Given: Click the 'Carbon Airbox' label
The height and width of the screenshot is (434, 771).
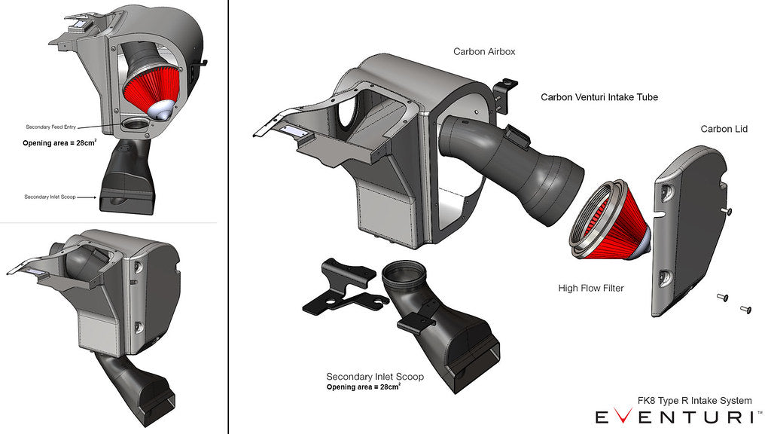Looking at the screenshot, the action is click(x=484, y=52).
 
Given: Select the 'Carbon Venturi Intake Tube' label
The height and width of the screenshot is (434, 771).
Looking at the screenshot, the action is click(x=599, y=97).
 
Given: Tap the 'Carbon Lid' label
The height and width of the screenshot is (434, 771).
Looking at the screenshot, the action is click(x=724, y=129).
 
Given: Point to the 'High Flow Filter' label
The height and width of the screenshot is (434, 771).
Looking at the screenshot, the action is click(x=591, y=289).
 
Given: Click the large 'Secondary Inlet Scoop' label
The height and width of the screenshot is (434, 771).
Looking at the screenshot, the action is click(x=375, y=377).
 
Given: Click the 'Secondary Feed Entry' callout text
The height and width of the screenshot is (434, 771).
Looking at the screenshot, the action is click(x=51, y=127).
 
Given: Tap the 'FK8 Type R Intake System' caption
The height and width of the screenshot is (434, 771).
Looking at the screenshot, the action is click(x=694, y=401).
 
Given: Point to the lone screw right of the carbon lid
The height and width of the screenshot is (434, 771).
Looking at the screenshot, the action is click(x=727, y=211).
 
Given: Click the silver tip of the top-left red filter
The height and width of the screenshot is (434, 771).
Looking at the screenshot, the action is click(x=163, y=110).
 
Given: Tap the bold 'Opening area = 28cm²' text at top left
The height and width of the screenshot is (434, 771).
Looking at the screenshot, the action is click(x=59, y=142).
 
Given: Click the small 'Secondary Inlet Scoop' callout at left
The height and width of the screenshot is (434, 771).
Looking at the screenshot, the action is click(x=50, y=197).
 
